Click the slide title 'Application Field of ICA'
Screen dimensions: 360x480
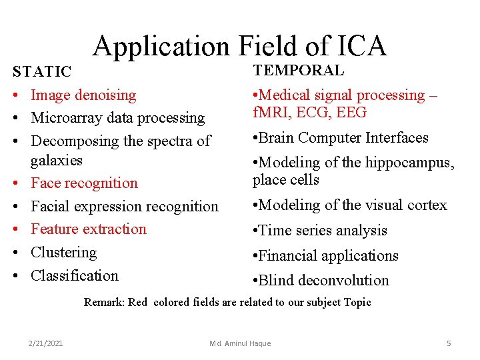pyautogui.click(x=239, y=46)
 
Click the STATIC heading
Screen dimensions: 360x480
pyautogui.click(x=42, y=71)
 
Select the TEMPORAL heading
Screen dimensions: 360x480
pyautogui.click(x=298, y=70)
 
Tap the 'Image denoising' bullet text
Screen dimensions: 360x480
pyautogui.click(x=83, y=95)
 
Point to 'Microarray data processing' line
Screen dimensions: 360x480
pyautogui.click(x=118, y=118)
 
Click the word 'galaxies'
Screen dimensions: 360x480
pyautogui.click(x=57, y=160)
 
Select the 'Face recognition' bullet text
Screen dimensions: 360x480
pyautogui.click(x=84, y=183)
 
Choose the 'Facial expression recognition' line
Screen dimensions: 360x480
pyautogui.click(x=125, y=207)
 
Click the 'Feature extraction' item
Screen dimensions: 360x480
pyautogui.click(x=89, y=229)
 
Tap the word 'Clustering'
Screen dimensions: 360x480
pyautogui.click(x=64, y=253)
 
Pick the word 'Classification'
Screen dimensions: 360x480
pyautogui.click(x=75, y=275)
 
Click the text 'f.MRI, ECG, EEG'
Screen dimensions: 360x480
pyautogui.click(x=309, y=112)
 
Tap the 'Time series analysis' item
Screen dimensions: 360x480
pyautogui.click(x=322, y=231)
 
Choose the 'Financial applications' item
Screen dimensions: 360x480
pyautogui.click(x=327, y=256)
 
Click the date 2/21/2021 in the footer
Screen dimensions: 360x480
pyautogui.click(x=46, y=343)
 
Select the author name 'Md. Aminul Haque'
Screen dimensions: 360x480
pyautogui.click(x=240, y=343)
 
